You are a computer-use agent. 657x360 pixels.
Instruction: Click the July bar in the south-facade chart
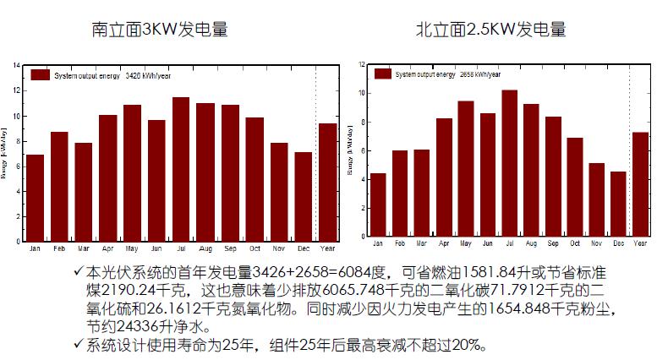pyautogui.click(x=181, y=169)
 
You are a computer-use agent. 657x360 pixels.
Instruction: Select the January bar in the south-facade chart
pyautogui.click(x=35, y=198)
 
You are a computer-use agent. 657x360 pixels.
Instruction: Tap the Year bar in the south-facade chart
pyautogui.click(x=327, y=182)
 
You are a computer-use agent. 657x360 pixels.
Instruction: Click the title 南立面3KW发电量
pyautogui.click(x=160, y=30)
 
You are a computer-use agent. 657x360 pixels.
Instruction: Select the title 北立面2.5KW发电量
pyautogui.click(x=491, y=30)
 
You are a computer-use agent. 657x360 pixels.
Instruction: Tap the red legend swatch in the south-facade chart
pyautogui.click(x=41, y=75)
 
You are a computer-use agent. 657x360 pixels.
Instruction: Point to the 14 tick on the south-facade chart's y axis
pyautogui.click(x=16, y=65)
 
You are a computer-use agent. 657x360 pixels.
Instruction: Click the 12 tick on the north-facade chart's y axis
pyautogui.click(x=361, y=63)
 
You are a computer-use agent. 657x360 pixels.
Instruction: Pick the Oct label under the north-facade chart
pyautogui.click(x=575, y=243)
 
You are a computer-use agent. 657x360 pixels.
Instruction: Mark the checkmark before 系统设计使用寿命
pyautogui.click(x=79, y=346)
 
